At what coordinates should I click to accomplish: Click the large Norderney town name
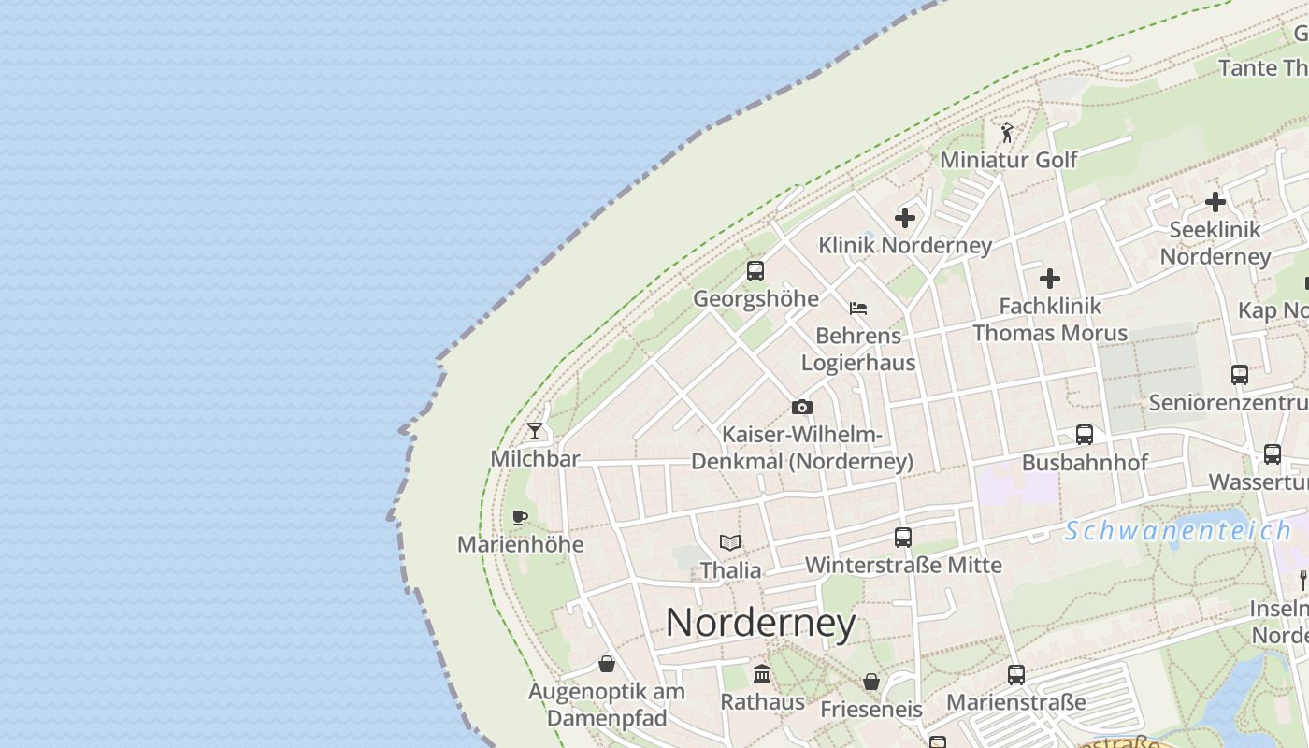tap(760, 624)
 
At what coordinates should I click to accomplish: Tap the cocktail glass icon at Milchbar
tap(534, 430)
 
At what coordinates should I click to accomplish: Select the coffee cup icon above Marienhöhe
tap(520, 517)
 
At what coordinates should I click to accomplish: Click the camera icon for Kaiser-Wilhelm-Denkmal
tap(801, 407)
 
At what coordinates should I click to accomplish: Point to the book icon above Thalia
tap(730, 542)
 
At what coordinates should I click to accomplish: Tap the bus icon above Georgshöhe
tap(755, 271)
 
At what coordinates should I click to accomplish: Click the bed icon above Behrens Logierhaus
tap(858, 308)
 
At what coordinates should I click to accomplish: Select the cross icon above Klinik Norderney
tap(904, 218)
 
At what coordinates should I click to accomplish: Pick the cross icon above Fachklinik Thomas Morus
tap(1050, 278)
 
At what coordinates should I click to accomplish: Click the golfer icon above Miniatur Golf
tap(1007, 133)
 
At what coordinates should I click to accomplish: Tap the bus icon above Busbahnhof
tap(1084, 435)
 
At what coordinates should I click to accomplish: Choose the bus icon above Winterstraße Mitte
tap(902, 538)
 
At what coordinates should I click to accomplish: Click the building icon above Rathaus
tap(762, 673)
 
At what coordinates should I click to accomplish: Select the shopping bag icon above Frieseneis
tap(870, 682)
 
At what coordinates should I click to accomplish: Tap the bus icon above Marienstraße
tap(1015, 674)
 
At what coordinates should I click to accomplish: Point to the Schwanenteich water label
tap(1178, 531)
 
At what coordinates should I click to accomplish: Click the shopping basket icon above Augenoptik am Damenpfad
tap(607, 664)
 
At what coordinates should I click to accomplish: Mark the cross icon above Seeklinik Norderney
tap(1215, 201)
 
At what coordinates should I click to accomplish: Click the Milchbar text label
tap(535, 459)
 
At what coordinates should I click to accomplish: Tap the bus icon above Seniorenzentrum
tap(1239, 375)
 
